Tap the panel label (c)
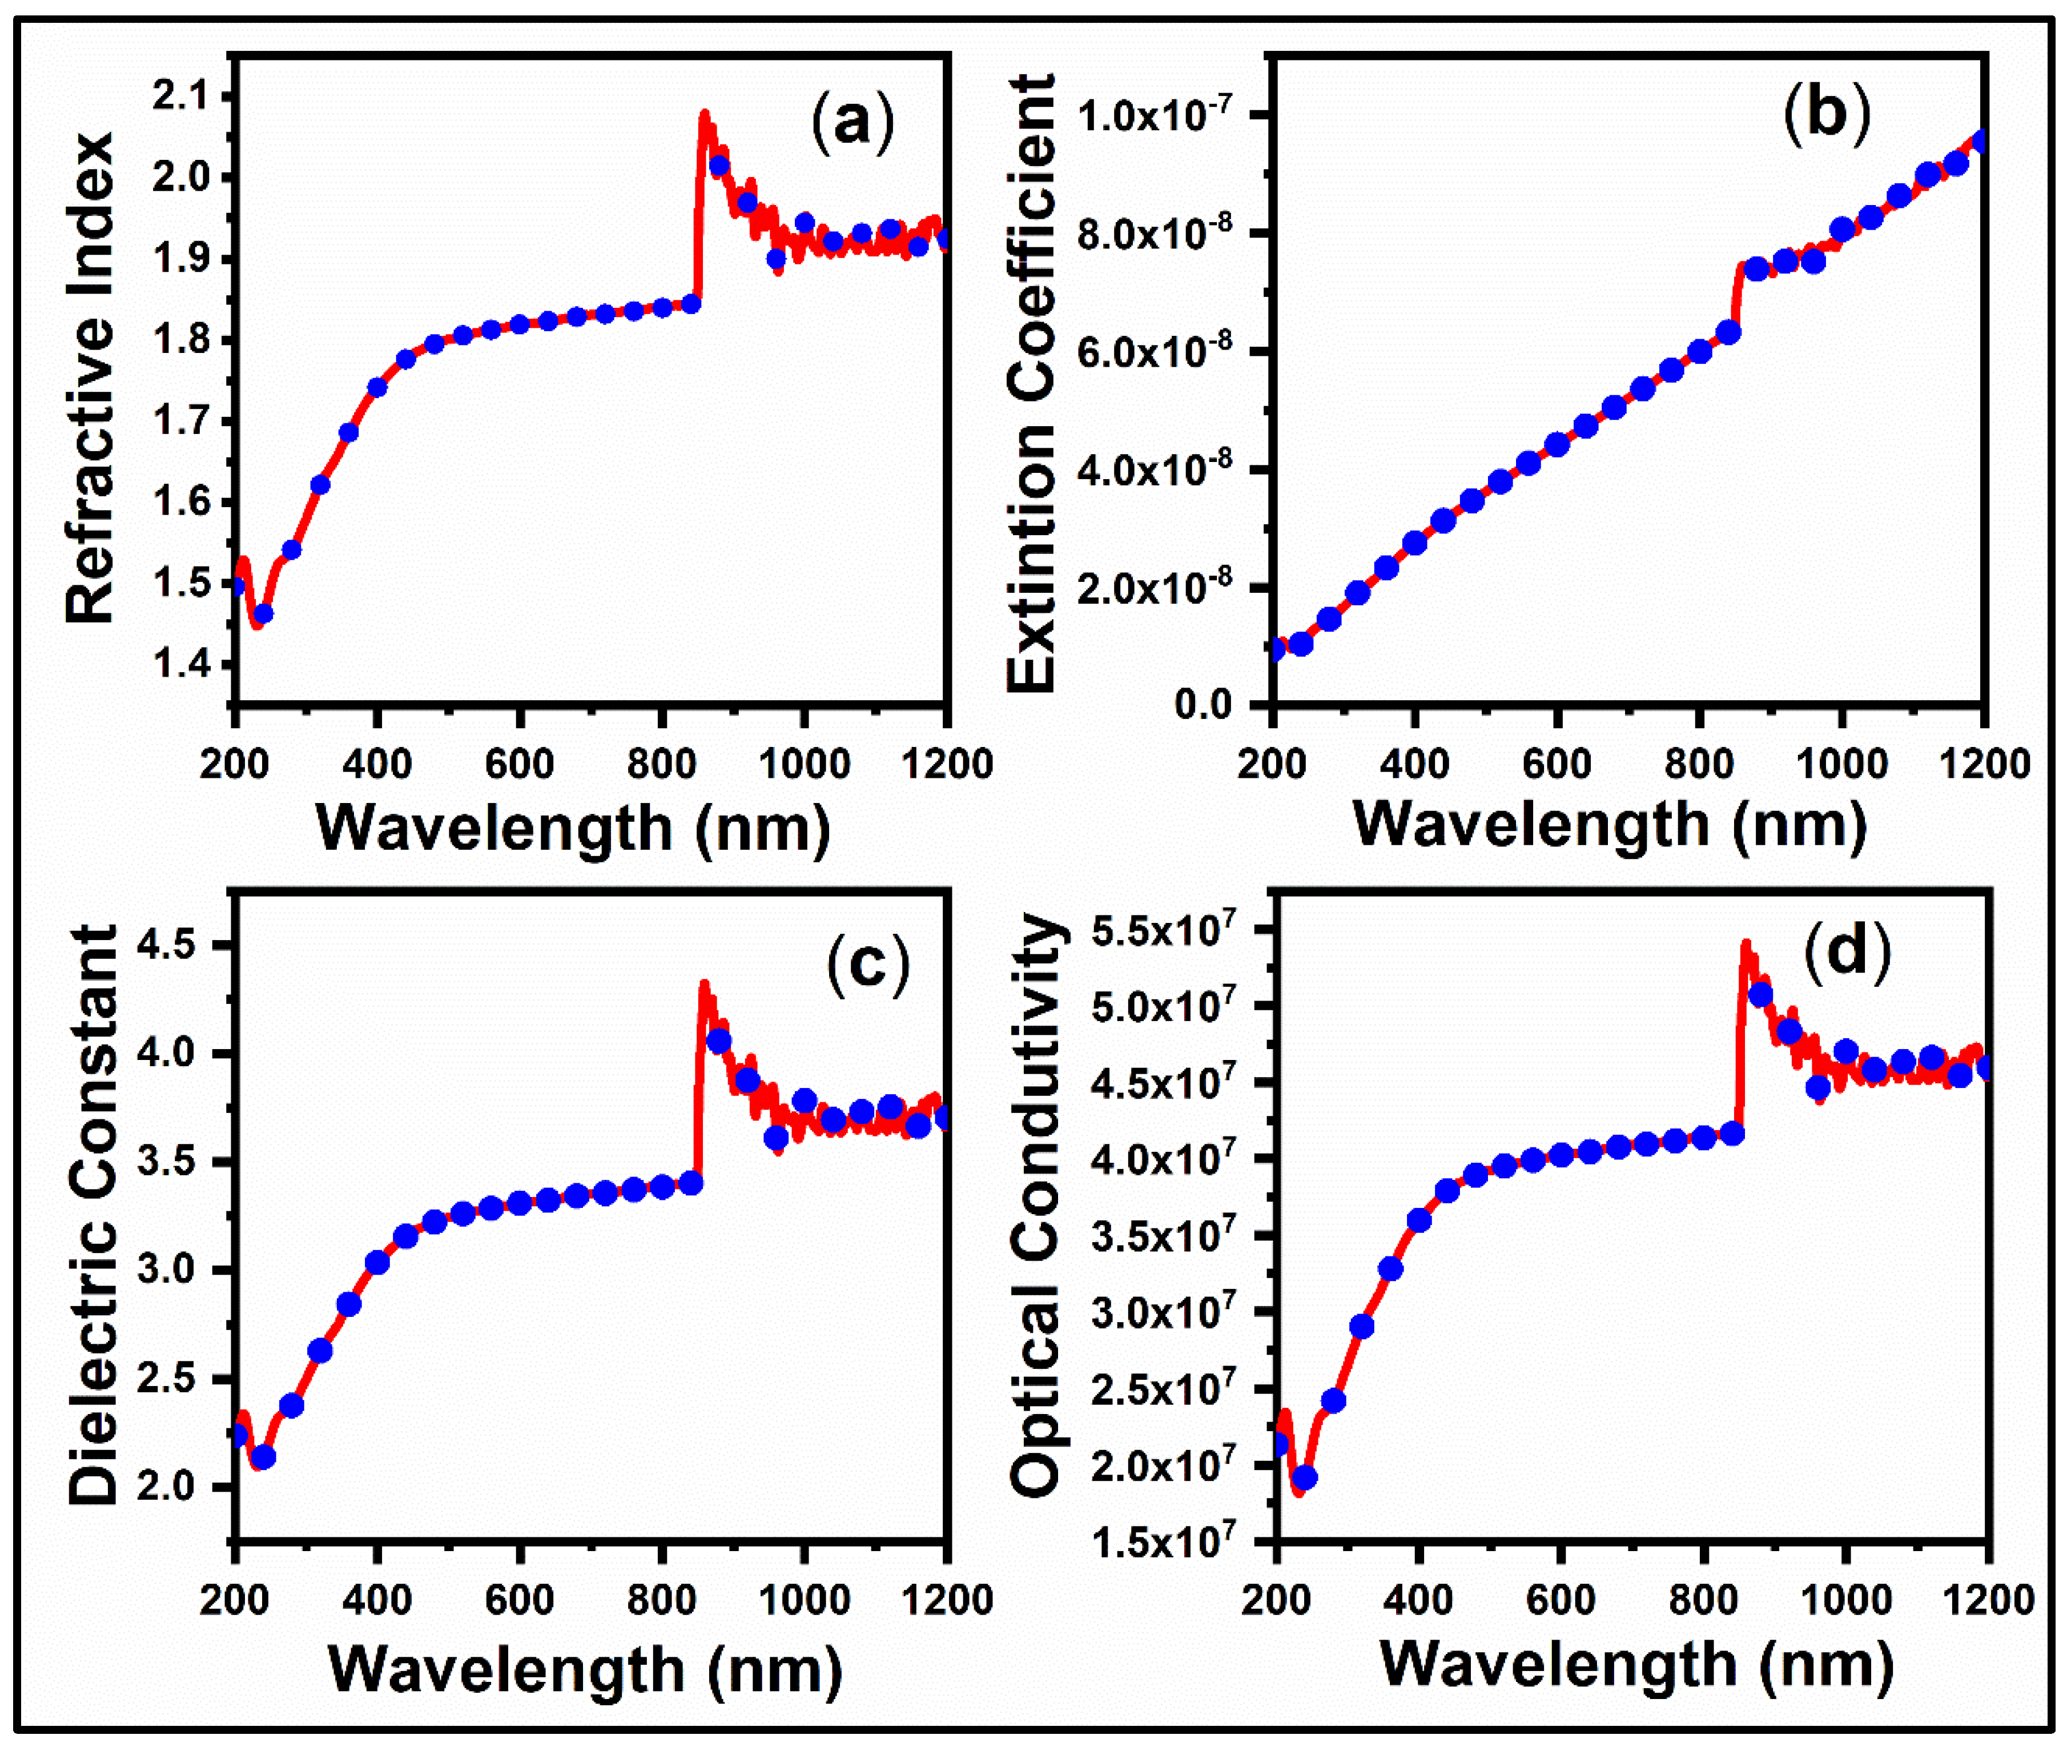(867, 961)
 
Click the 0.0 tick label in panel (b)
(1204, 705)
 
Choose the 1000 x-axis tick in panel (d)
(1844, 1599)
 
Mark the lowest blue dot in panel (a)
(263, 613)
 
